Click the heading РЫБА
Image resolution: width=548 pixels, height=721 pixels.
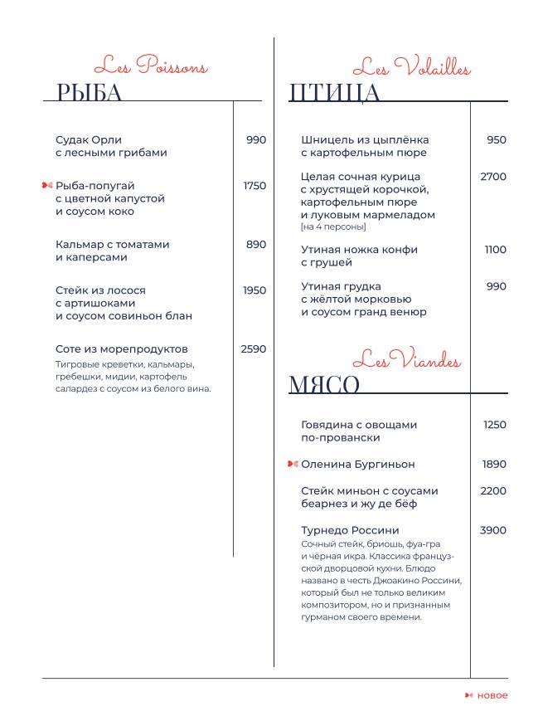click(x=90, y=92)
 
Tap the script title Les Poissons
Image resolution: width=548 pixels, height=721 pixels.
click(x=150, y=66)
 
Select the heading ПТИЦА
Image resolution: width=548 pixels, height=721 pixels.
click(x=334, y=92)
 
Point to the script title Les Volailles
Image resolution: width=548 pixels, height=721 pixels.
click(x=411, y=67)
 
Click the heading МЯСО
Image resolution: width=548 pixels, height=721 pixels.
click(x=324, y=384)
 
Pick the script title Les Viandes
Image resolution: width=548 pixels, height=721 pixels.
click(x=406, y=361)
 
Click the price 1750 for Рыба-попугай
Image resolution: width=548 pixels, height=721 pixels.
click(x=255, y=186)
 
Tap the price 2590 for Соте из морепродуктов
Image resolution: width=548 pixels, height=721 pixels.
click(x=253, y=349)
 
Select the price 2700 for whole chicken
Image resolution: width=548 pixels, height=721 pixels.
click(x=493, y=177)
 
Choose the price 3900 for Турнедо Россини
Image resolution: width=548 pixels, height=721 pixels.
click(x=493, y=530)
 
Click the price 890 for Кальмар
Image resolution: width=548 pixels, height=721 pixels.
click(x=256, y=245)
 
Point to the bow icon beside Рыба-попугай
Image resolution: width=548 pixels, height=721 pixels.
click(x=47, y=185)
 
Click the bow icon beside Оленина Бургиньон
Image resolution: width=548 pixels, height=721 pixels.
click(x=293, y=464)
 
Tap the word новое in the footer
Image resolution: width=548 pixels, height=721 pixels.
click(x=492, y=695)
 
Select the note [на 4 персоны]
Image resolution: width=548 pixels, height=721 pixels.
click(x=333, y=227)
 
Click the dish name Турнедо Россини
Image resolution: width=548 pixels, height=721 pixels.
click(x=350, y=530)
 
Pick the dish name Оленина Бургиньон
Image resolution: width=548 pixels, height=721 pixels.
click(x=358, y=464)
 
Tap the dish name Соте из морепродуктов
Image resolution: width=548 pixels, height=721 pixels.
click(x=122, y=349)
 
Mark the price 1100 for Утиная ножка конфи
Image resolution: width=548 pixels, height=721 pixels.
click(x=495, y=250)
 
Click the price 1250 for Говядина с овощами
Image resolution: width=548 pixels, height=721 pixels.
click(x=494, y=425)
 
